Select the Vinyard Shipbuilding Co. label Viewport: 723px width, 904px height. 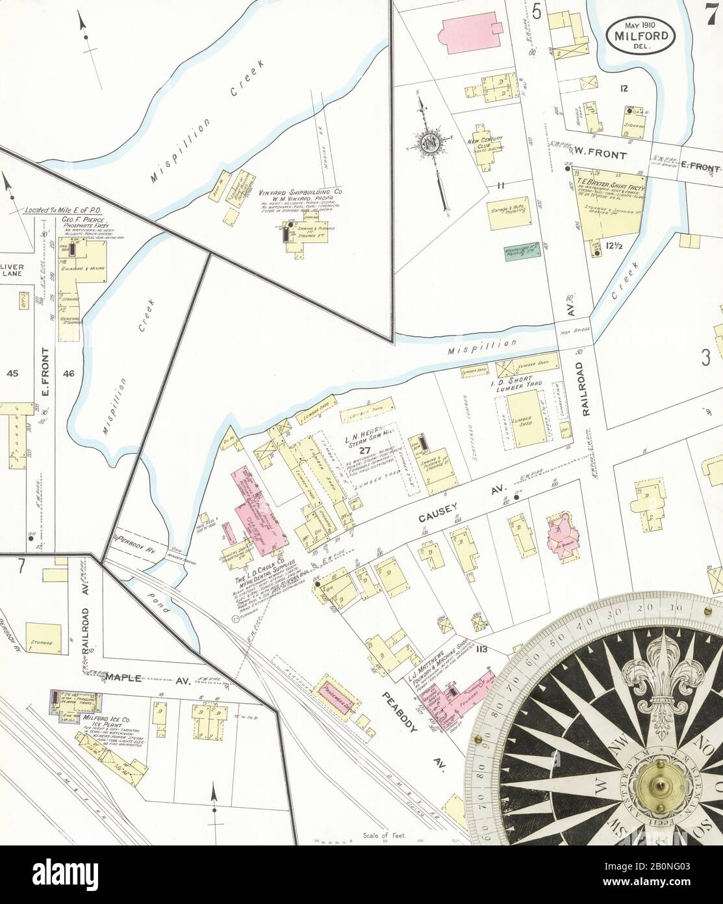(301, 193)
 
